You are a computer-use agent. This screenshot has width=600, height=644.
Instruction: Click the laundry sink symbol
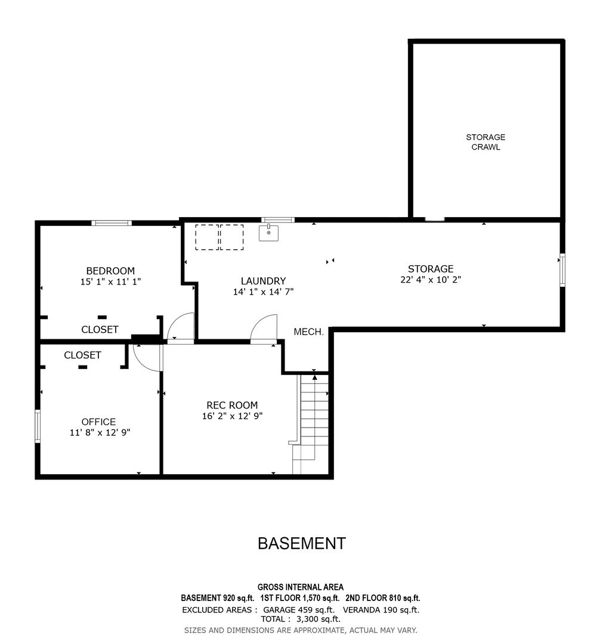(268, 233)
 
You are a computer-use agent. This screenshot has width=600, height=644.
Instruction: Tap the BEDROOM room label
(110, 271)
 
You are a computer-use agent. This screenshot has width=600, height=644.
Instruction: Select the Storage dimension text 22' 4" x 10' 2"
(431, 280)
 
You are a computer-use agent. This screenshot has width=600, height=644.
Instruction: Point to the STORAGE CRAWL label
(485, 142)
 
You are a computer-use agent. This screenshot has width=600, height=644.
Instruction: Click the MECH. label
(309, 332)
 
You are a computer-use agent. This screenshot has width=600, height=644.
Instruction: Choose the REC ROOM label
(232, 405)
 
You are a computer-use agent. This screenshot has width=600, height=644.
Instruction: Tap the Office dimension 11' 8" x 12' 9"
(100, 432)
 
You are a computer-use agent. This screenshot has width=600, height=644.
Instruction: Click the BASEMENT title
(302, 543)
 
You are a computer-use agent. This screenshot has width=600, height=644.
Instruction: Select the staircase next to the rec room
(311, 424)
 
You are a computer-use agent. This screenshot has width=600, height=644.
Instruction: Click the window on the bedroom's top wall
(112, 223)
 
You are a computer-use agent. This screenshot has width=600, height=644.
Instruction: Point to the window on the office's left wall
(38, 426)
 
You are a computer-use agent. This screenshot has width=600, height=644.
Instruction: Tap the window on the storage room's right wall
(562, 270)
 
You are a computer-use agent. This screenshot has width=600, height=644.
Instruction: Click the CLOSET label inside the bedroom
(100, 329)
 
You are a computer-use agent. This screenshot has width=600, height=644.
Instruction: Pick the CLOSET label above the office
(82, 355)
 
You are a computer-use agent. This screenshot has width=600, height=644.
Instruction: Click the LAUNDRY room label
(263, 281)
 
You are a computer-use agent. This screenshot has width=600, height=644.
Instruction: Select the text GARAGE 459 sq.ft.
(299, 610)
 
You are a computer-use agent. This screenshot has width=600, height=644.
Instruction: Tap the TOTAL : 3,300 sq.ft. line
(301, 619)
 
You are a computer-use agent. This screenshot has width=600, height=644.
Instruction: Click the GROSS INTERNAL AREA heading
(301, 587)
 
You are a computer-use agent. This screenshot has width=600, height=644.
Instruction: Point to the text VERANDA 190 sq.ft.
(381, 610)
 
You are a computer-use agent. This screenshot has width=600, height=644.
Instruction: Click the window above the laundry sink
(278, 219)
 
